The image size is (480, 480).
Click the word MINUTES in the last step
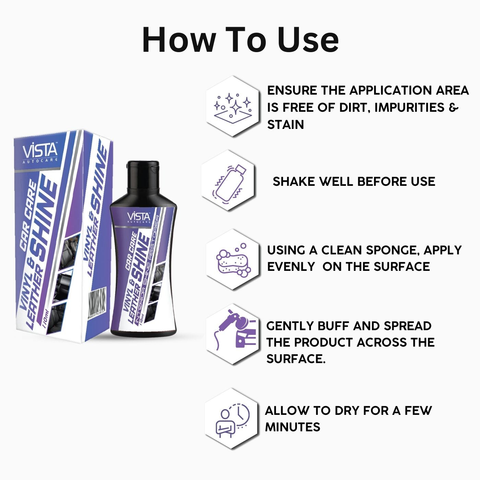(292, 427)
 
